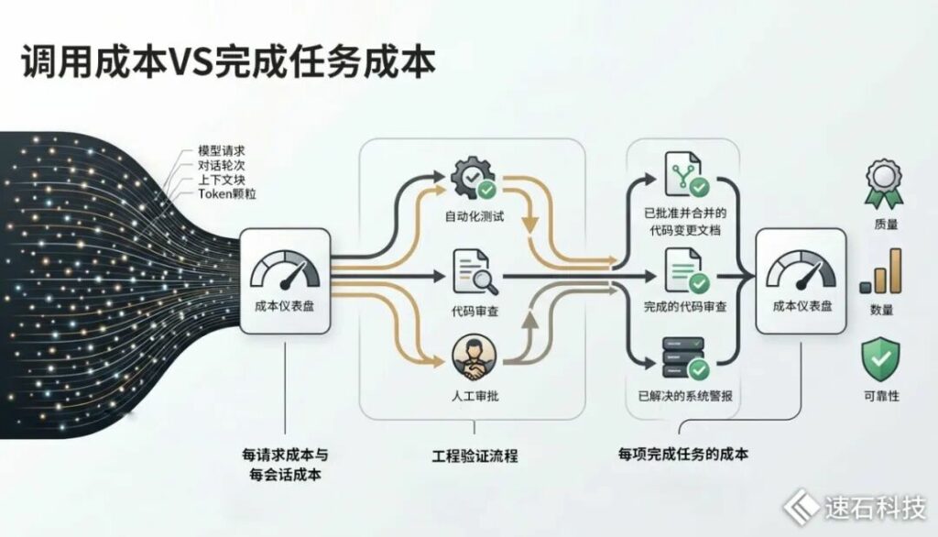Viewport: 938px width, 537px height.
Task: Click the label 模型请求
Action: pos(222,151)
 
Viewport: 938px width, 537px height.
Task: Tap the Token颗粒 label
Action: pos(227,194)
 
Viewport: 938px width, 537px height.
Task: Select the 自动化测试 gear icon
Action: pos(474,178)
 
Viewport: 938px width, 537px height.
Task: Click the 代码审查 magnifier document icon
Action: pos(475,272)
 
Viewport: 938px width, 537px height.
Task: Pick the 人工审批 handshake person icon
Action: pos(474,358)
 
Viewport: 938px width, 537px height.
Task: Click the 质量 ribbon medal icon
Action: pos(884,184)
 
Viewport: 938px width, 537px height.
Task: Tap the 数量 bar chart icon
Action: pos(880,271)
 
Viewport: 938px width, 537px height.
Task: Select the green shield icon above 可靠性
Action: pos(880,359)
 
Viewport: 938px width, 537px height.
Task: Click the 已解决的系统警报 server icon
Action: pos(685,358)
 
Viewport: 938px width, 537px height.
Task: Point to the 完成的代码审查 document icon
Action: pos(687,271)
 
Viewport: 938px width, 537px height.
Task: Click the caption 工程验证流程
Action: pos(475,456)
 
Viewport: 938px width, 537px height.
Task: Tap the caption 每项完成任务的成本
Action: pos(683,454)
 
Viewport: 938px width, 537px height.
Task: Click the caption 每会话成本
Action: pos(285,476)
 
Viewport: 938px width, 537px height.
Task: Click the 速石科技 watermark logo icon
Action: pos(801,507)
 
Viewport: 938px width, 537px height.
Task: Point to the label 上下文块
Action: pos(222,180)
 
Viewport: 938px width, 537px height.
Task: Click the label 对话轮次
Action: pos(222,165)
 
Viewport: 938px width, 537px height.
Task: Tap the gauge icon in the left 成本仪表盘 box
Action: pos(285,270)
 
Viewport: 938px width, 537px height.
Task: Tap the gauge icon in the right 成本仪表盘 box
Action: pos(801,270)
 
